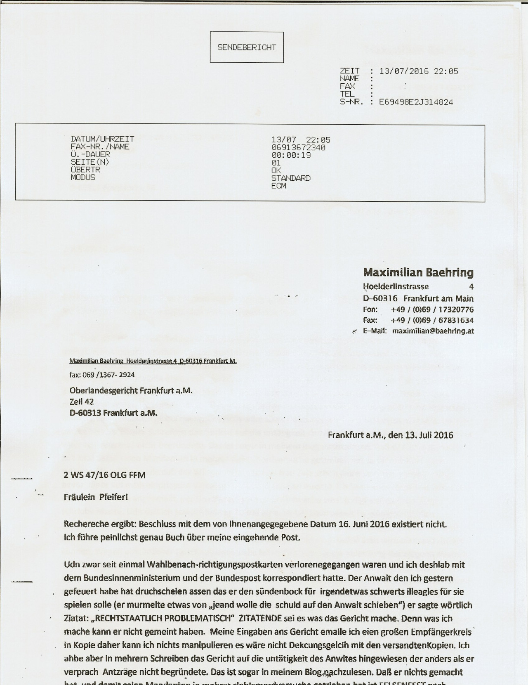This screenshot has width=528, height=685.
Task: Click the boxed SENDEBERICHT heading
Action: (x=247, y=47)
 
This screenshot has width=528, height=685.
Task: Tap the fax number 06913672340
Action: (x=298, y=148)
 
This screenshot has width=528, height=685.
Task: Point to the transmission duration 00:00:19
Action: (x=291, y=156)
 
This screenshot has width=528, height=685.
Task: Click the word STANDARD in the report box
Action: (x=291, y=178)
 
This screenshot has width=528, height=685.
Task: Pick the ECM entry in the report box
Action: (x=278, y=186)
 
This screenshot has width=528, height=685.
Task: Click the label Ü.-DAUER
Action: (x=90, y=154)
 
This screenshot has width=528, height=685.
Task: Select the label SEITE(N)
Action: (x=90, y=162)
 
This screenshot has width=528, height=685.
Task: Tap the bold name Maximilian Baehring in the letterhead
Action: (x=418, y=272)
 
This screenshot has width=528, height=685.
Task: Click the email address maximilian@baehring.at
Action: (x=433, y=331)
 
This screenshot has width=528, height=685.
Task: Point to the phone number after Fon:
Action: (x=432, y=309)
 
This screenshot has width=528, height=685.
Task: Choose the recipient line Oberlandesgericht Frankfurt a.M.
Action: (x=131, y=390)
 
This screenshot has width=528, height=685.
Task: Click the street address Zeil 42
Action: (x=82, y=402)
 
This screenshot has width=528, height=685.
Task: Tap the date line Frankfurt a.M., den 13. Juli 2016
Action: (x=390, y=435)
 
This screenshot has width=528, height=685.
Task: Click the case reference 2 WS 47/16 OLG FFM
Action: (x=104, y=475)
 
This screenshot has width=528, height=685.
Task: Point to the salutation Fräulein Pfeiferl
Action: (x=96, y=497)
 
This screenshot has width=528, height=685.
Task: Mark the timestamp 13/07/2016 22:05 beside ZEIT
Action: (x=418, y=71)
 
